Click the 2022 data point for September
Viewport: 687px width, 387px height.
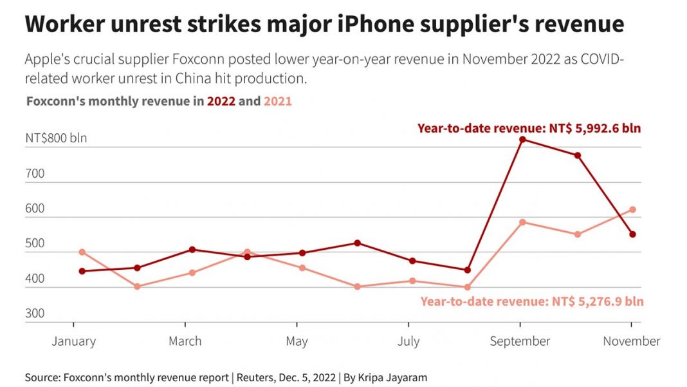pos(522,139)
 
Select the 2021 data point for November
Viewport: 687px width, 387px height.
pos(632,209)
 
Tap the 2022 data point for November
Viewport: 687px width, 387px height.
pos(632,234)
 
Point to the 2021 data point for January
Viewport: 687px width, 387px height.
pos(82,252)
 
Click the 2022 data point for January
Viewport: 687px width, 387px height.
pos(82,271)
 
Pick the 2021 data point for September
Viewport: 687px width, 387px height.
pos(522,222)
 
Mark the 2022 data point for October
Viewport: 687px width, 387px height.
pos(578,155)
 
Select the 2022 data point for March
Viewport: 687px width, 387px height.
pos(192,249)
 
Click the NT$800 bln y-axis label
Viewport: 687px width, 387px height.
pos(56,138)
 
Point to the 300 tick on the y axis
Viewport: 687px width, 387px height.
pos(35,314)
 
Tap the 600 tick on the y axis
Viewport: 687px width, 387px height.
pos(35,209)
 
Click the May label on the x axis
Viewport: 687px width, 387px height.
pos(297,341)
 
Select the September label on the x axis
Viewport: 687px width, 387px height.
pos(520,341)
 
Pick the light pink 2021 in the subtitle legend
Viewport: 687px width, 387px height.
pos(277,101)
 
